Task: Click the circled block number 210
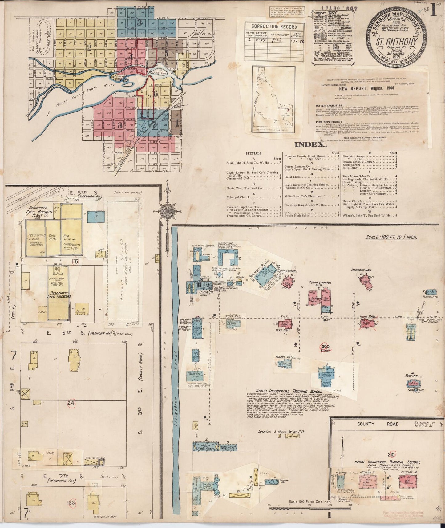point(392,454)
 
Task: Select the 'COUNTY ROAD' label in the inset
point(378,424)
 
